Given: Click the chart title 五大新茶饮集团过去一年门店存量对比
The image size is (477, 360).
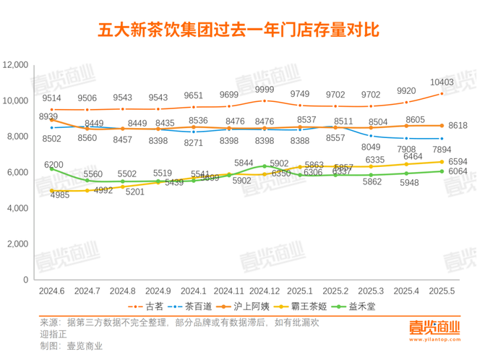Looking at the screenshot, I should point(238,31).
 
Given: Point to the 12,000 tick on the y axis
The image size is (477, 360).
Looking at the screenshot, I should point(15,65).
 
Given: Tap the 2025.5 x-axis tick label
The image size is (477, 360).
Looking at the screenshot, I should point(442,290).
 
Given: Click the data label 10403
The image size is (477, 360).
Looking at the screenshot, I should point(441,82).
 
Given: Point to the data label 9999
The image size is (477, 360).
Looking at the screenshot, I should point(265,89).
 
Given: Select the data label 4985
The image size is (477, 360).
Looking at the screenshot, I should point(61,194).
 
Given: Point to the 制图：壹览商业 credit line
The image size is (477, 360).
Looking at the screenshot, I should point(72,346).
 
